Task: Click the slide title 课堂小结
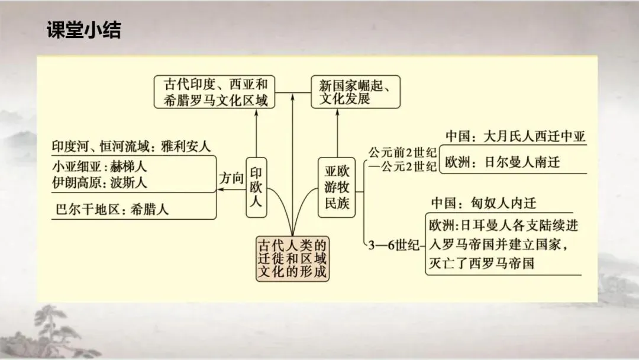83,30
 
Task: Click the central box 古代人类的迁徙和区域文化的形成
292,259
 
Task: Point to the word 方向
232,178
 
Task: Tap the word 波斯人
128,182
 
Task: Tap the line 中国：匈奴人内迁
483,203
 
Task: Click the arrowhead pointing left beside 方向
220,190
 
